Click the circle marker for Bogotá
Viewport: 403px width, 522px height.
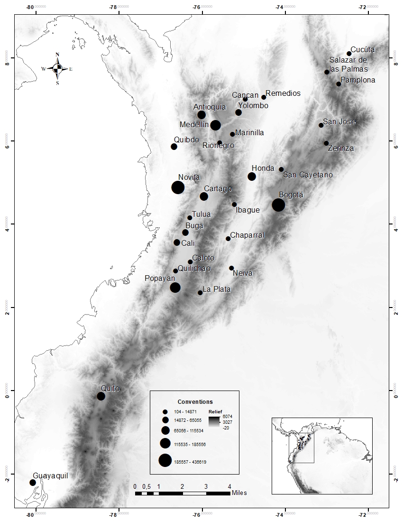(278, 205)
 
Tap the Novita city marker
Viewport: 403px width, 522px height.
(178, 187)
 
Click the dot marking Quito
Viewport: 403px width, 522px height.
(101, 396)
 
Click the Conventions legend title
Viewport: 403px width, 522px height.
(195, 401)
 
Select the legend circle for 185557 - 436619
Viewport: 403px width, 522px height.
(165, 461)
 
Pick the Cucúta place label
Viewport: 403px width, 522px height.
(363, 49)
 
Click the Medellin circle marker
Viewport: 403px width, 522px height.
(215, 125)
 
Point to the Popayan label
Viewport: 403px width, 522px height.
(160, 279)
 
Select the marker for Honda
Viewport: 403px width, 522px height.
(252, 177)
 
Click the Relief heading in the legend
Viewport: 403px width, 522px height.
(215, 411)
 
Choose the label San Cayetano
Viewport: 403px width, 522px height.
(308, 175)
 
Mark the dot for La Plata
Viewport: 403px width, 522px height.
(200, 293)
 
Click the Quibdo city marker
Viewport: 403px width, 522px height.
(174, 147)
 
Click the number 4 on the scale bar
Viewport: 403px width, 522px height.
(229, 486)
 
